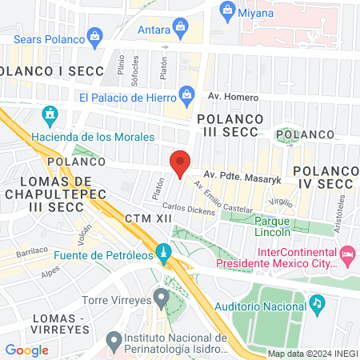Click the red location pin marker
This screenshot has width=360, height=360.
[x=180, y=162]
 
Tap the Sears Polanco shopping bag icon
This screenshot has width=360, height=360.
[x=95, y=35]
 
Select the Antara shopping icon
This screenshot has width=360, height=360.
[x=182, y=31]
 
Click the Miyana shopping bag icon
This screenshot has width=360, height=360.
[x=227, y=10]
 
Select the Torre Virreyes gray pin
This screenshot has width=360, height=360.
[x=162, y=299]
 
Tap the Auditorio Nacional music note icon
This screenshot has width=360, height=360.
[x=317, y=303]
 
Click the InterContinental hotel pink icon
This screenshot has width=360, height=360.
[x=347, y=255]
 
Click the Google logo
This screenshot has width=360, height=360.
[x=26, y=350]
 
